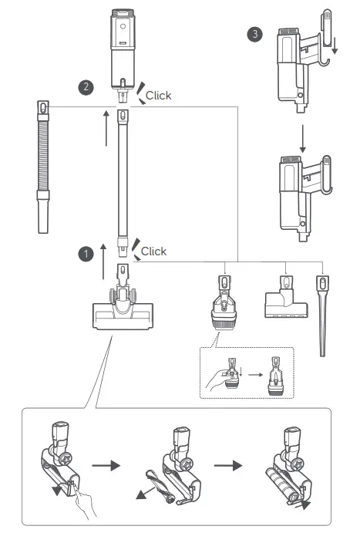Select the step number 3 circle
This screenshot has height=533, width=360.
coord(255,35)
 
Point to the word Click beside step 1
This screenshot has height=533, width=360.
coord(153,251)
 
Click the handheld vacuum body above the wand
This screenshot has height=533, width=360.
coord(122,50)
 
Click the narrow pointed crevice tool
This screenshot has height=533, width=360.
coord(321,316)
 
